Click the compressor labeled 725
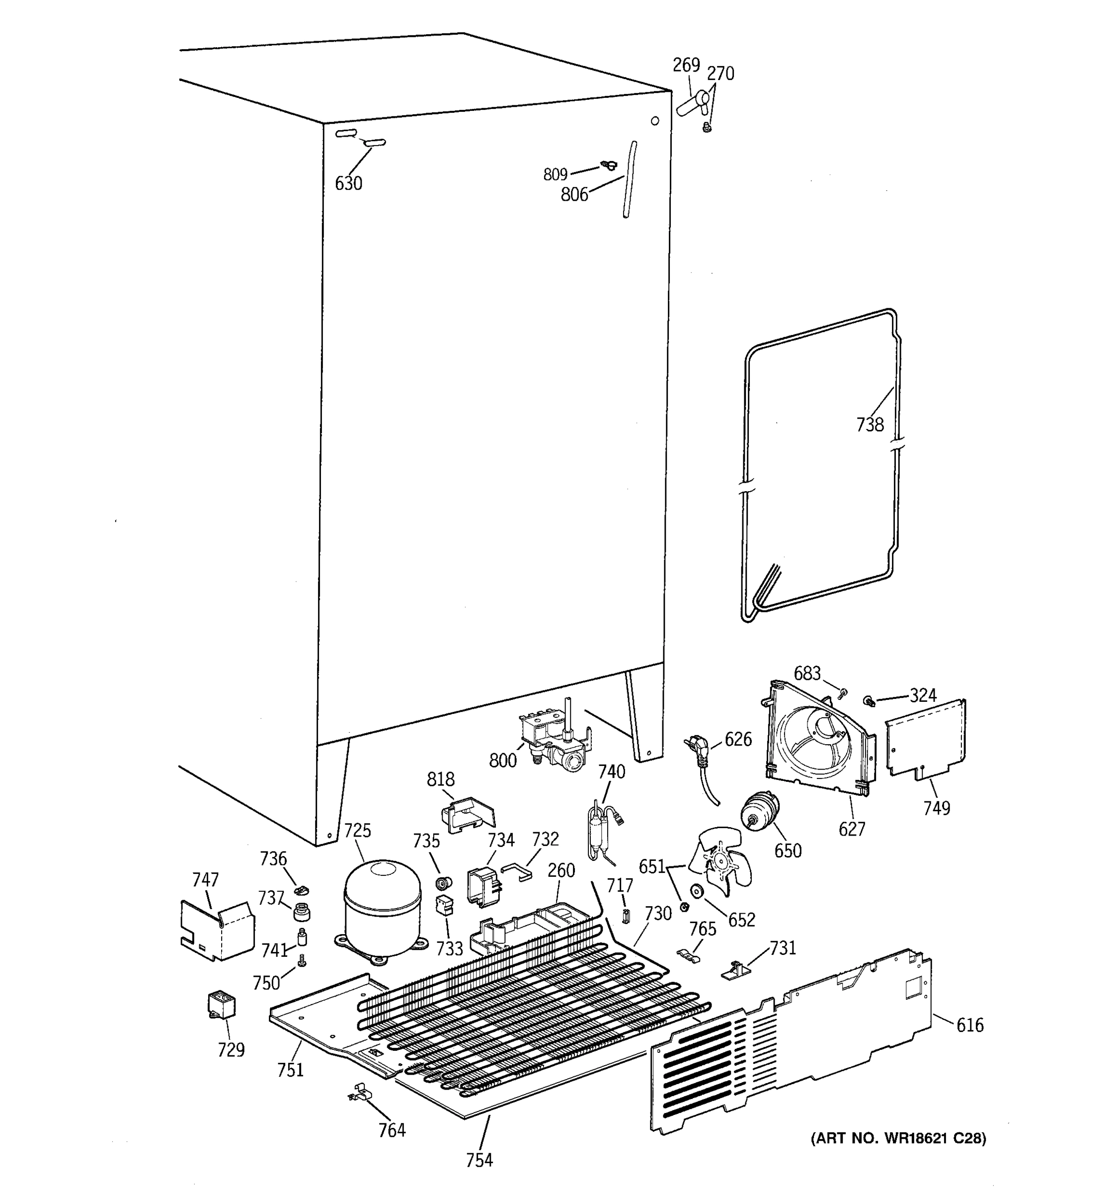pyautogui.click(x=382, y=908)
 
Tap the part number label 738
pyautogui.click(x=870, y=425)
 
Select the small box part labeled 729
pyautogui.click(x=221, y=1005)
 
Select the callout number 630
pyautogui.click(x=348, y=183)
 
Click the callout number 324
pyautogui.click(x=922, y=695)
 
